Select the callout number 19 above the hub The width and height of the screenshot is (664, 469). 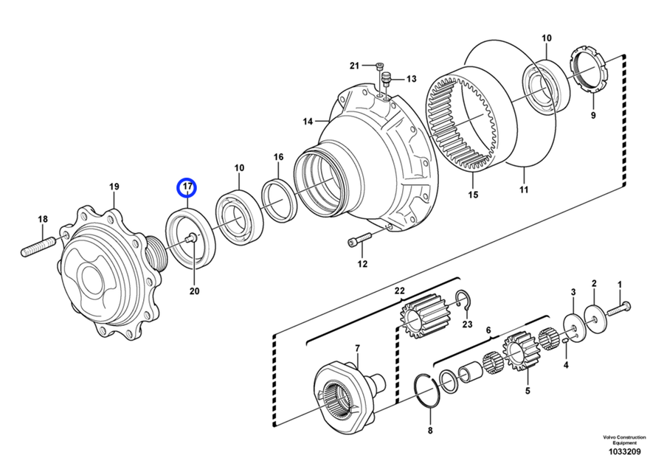pyautogui.click(x=114, y=187)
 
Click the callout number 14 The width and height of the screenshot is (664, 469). pyautogui.click(x=307, y=121)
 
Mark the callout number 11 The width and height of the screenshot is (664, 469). pyautogui.click(x=523, y=190)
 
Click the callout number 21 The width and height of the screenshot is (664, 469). pyautogui.click(x=355, y=66)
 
